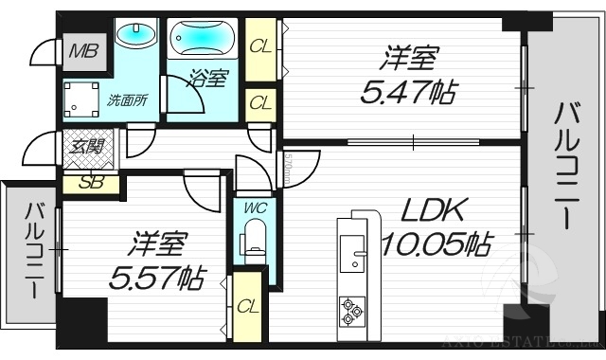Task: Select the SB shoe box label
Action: pyautogui.click(x=91, y=182)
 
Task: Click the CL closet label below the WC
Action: pyautogui.click(x=248, y=306)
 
